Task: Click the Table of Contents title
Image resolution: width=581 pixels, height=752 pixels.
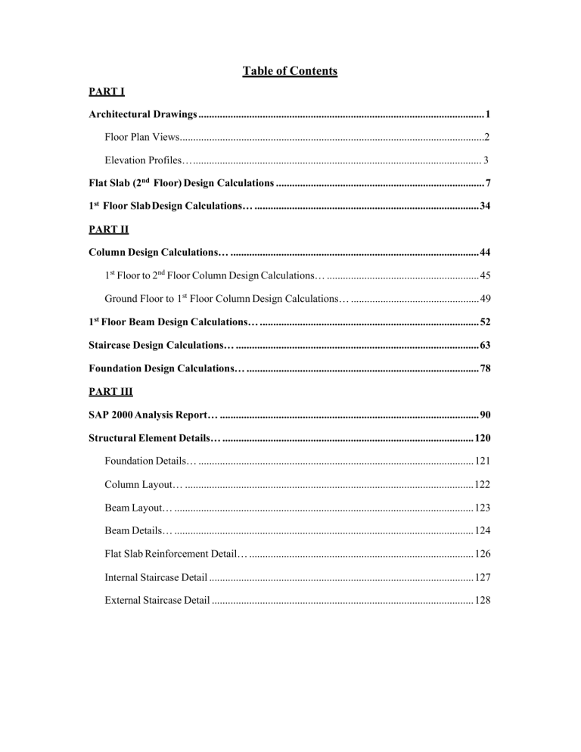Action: pos(290,72)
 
